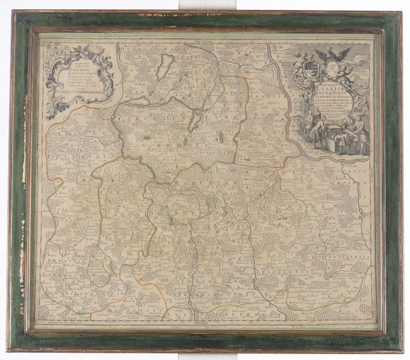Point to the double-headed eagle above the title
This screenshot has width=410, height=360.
point(333,54)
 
